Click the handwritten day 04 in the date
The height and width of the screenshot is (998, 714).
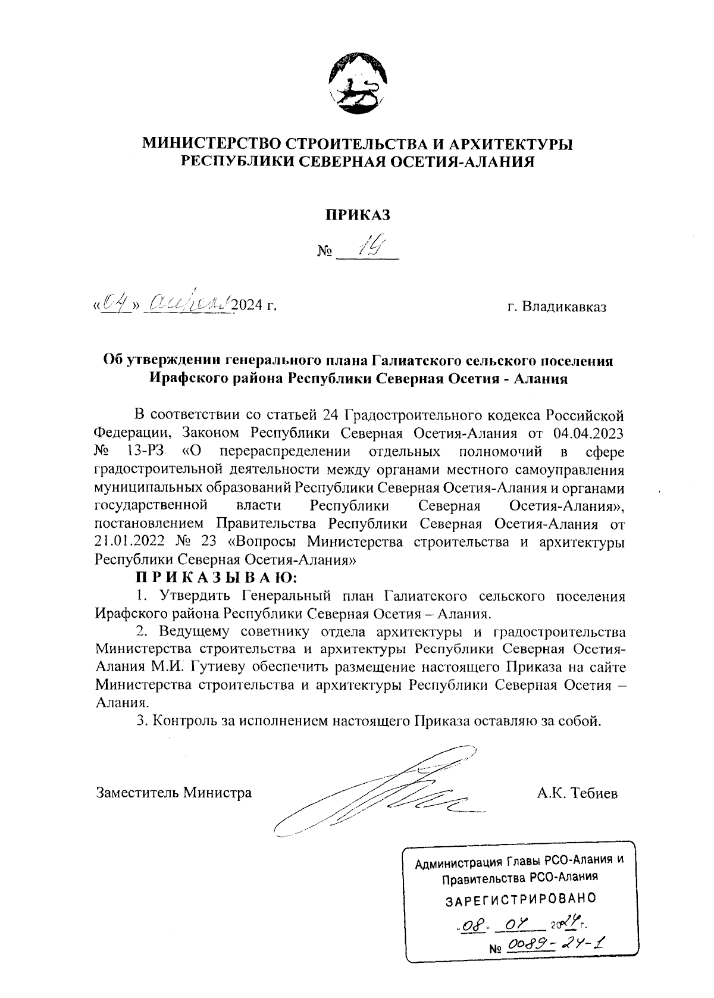coord(114,304)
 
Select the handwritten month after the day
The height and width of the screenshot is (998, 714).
coord(186,304)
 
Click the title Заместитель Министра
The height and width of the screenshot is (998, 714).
coord(174,793)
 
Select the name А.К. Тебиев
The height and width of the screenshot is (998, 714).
coord(577,793)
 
